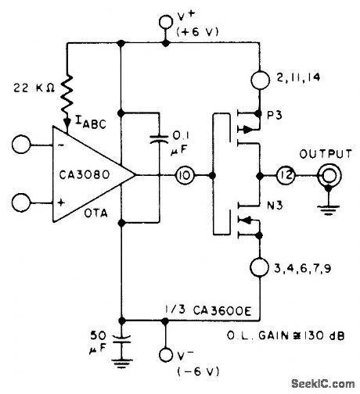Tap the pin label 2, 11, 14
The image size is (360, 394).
point(302,77)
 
